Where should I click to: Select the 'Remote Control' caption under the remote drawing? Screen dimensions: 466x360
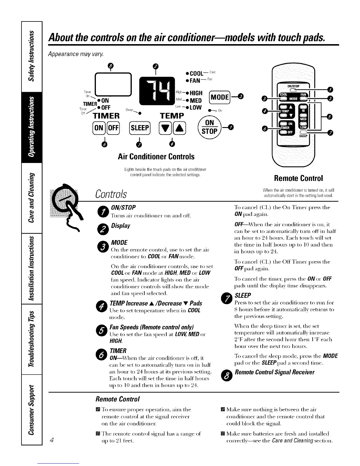tap(298, 178)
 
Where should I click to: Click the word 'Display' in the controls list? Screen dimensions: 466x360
tap(121, 226)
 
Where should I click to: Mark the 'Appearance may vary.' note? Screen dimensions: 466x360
tap(68, 55)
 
